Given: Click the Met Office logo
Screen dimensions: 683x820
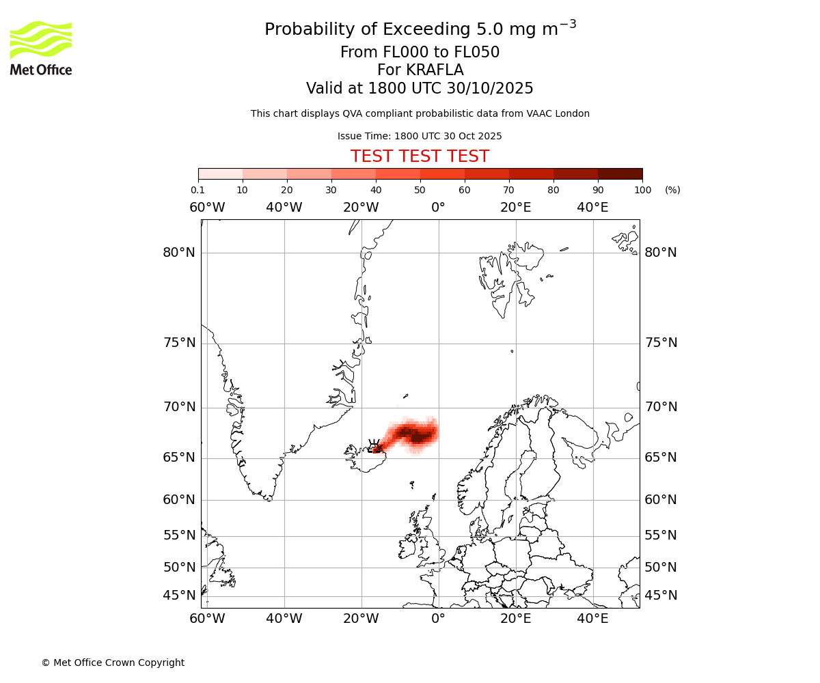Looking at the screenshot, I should [41, 48].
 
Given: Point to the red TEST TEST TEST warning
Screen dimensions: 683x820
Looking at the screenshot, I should [420, 156].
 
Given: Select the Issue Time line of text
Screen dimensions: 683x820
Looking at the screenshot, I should [420, 137].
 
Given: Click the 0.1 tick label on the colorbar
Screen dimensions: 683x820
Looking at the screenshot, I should [197, 190].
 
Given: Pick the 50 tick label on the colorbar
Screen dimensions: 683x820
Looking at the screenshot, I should [420, 190].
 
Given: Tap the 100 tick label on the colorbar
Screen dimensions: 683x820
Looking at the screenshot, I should [642, 190].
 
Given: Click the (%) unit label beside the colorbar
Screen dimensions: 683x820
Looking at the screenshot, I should [672, 190].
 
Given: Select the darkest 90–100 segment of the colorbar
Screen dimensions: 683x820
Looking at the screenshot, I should [620, 173].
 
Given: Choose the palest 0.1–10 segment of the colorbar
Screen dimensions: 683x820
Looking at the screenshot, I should [221, 173].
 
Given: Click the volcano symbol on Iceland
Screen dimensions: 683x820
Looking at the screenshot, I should [374, 446].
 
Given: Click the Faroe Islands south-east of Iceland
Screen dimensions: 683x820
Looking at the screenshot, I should [412, 485].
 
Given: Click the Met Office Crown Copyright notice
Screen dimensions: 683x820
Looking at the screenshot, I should [113, 663].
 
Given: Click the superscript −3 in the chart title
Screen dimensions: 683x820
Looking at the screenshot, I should [569, 24].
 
